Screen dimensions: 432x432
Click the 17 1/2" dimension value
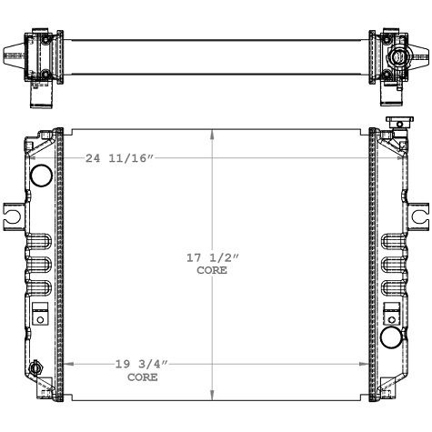212,259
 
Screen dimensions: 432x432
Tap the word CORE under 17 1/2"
212,270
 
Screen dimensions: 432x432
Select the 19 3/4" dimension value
141,365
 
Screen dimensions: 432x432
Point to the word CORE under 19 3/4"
141,376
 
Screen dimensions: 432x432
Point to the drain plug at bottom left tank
36,369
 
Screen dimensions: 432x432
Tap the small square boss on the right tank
393,317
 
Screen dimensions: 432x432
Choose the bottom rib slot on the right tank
391,289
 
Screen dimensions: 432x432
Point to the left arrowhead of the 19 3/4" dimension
66,365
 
